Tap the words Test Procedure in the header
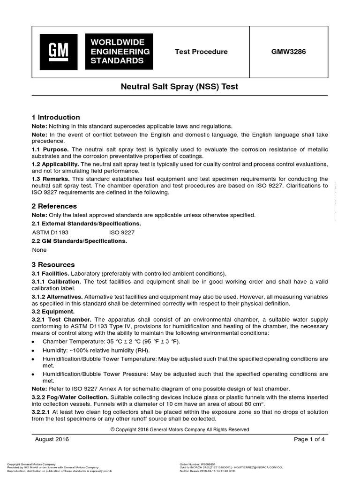[x=201, y=52]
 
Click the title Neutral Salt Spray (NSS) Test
[x=180, y=87]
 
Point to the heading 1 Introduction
[x=56, y=117]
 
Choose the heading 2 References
[x=54, y=206]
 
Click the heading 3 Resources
[x=53, y=264]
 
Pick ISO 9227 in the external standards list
[x=122, y=232]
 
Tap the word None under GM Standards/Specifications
[x=39, y=250]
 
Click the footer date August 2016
[x=52, y=439]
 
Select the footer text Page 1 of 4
[x=309, y=439]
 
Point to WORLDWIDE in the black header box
[x=117, y=43]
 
